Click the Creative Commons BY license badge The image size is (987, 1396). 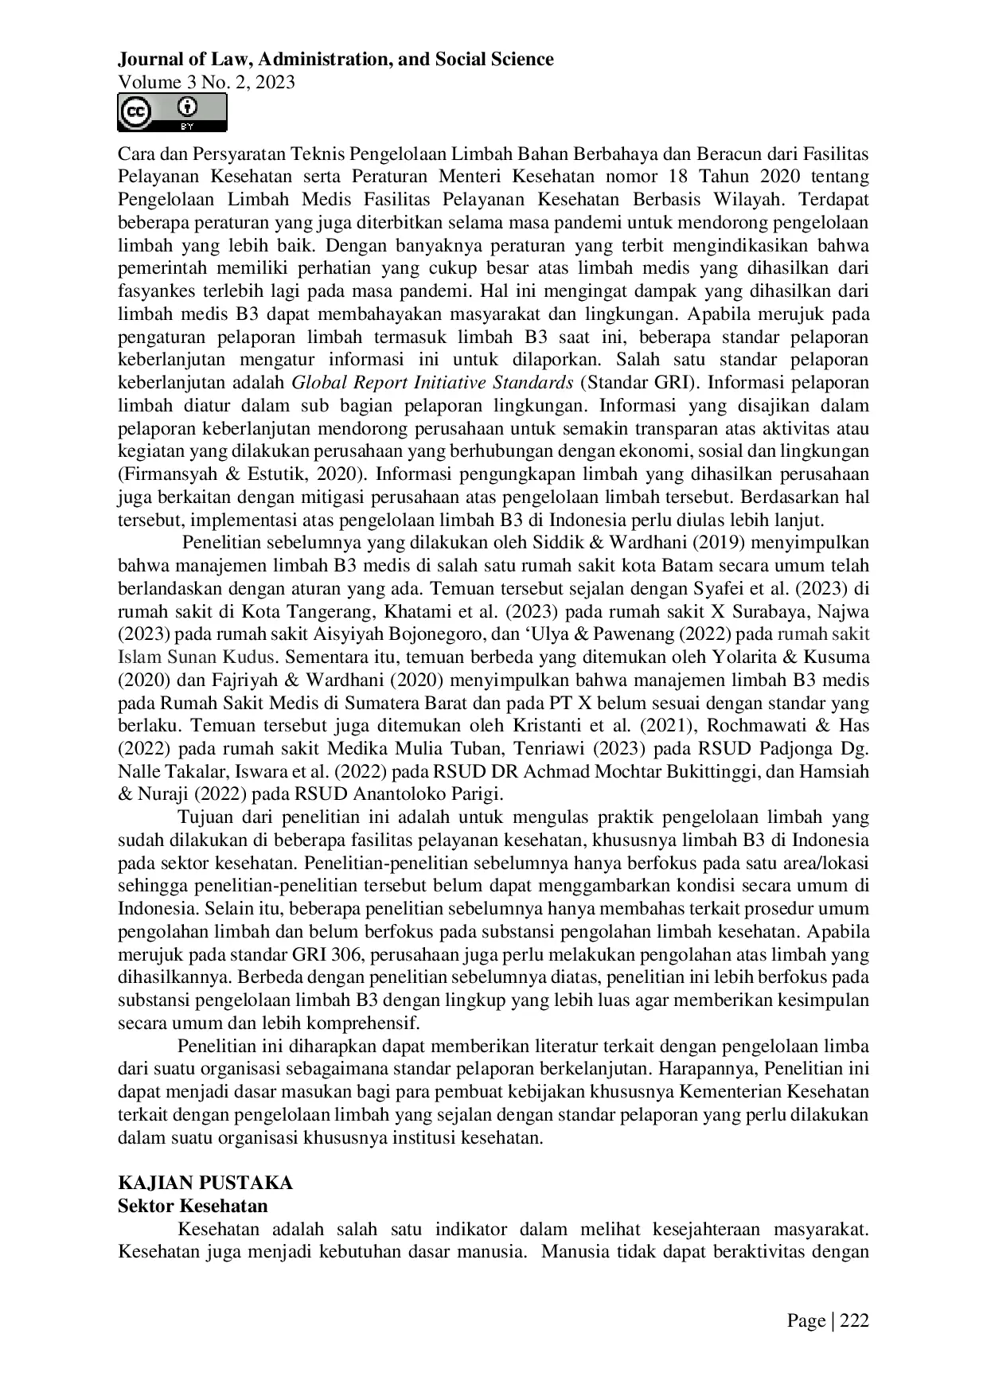click(x=172, y=112)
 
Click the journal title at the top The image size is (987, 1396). click(x=335, y=59)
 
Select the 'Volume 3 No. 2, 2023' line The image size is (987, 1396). click(x=206, y=82)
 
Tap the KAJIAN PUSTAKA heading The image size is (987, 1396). click(x=205, y=1182)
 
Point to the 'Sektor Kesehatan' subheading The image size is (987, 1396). click(x=193, y=1205)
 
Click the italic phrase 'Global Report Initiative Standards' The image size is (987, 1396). click(x=432, y=382)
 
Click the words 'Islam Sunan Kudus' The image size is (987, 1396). click(x=197, y=657)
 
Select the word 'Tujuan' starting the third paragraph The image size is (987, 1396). click(x=205, y=817)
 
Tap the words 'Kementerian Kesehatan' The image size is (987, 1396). click(x=774, y=1091)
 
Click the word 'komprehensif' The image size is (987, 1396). click(x=367, y=1023)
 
